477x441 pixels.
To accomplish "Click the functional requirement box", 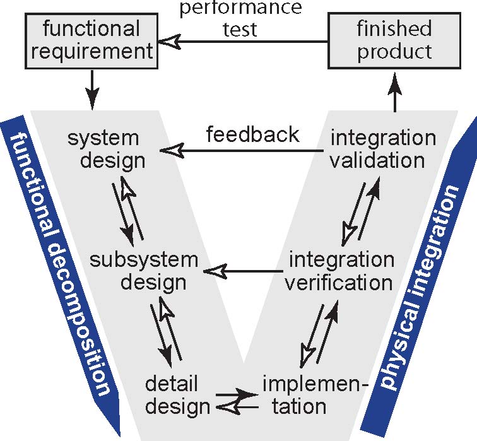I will pos(92,40).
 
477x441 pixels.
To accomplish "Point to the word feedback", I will pos(253,134).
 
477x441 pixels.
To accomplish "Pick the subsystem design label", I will pos(144,271).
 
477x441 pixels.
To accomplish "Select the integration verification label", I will pos(339,271).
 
